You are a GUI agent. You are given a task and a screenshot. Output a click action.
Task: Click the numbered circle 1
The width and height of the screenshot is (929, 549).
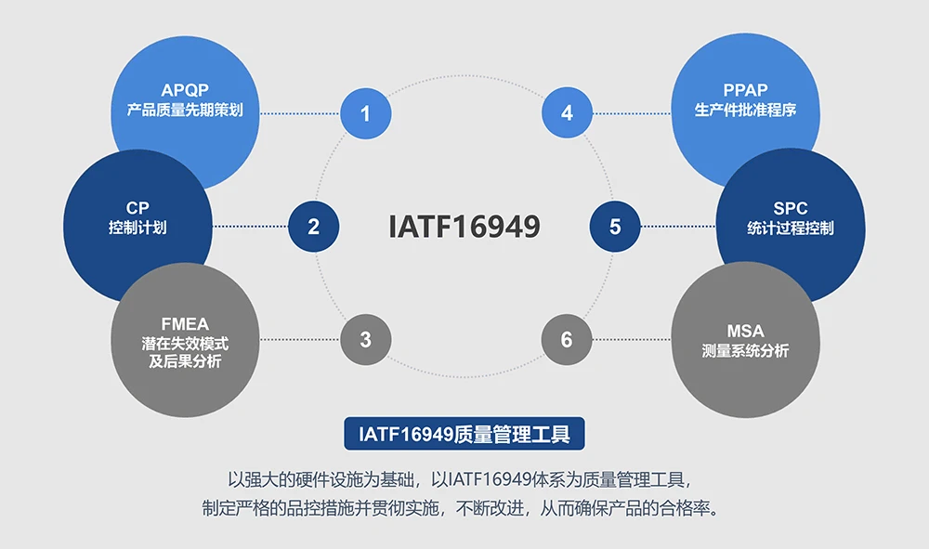[x=365, y=113]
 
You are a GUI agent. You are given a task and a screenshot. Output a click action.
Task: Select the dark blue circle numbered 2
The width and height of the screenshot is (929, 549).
[x=313, y=226]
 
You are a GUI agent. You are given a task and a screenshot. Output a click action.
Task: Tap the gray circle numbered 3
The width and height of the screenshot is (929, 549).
[x=365, y=339]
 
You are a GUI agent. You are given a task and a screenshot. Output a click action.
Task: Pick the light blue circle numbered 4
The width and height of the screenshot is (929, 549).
[x=567, y=113]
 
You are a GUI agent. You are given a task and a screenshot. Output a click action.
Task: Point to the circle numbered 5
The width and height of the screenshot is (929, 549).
[x=615, y=226]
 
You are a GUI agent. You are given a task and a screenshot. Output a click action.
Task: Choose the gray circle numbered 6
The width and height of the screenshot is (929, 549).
[x=567, y=339]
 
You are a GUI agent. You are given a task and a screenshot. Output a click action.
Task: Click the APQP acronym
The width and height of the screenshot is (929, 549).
[x=184, y=91]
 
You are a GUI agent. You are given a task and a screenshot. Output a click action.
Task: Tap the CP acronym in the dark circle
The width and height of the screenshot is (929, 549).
[x=137, y=208]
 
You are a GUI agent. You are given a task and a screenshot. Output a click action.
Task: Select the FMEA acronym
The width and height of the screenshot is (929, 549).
[x=185, y=324]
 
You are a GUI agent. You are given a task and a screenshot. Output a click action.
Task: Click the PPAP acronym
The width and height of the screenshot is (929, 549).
[x=745, y=91]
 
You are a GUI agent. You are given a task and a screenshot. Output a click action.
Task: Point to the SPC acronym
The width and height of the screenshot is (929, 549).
[x=791, y=208]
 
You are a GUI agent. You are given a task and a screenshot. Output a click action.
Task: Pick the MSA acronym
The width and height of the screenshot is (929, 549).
[x=745, y=331]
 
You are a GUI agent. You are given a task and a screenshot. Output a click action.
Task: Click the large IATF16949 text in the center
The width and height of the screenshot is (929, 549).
[x=464, y=227]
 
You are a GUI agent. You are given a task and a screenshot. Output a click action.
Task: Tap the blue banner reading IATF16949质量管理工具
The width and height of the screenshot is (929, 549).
[x=464, y=433]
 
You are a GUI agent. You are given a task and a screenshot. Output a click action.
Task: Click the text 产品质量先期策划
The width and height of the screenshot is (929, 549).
[x=185, y=111]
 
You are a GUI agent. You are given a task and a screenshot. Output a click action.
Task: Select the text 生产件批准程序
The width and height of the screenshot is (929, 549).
[x=745, y=111]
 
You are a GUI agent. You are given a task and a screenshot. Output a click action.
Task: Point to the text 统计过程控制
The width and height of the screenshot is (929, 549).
[x=791, y=228]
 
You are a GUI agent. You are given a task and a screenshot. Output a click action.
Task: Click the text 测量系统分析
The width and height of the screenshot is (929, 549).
[x=745, y=351]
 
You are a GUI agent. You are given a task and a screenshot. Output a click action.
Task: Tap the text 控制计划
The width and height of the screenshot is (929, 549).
[x=137, y=228]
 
